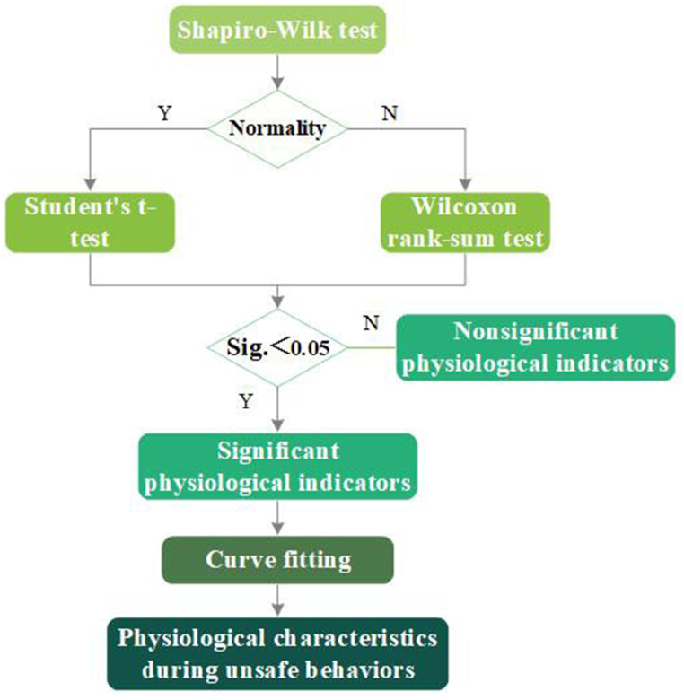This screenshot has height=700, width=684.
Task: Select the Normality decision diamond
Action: pos(277,128)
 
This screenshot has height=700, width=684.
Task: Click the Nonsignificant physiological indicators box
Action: pos(535,347)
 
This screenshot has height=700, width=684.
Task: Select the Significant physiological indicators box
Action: pos(279,464)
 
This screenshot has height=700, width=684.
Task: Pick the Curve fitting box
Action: pos(279,560)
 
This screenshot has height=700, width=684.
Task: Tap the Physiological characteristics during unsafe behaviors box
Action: pos(279,652)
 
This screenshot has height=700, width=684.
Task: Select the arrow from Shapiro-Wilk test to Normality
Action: pos(280,71)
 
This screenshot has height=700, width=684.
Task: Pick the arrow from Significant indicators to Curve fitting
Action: pos(280,516)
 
